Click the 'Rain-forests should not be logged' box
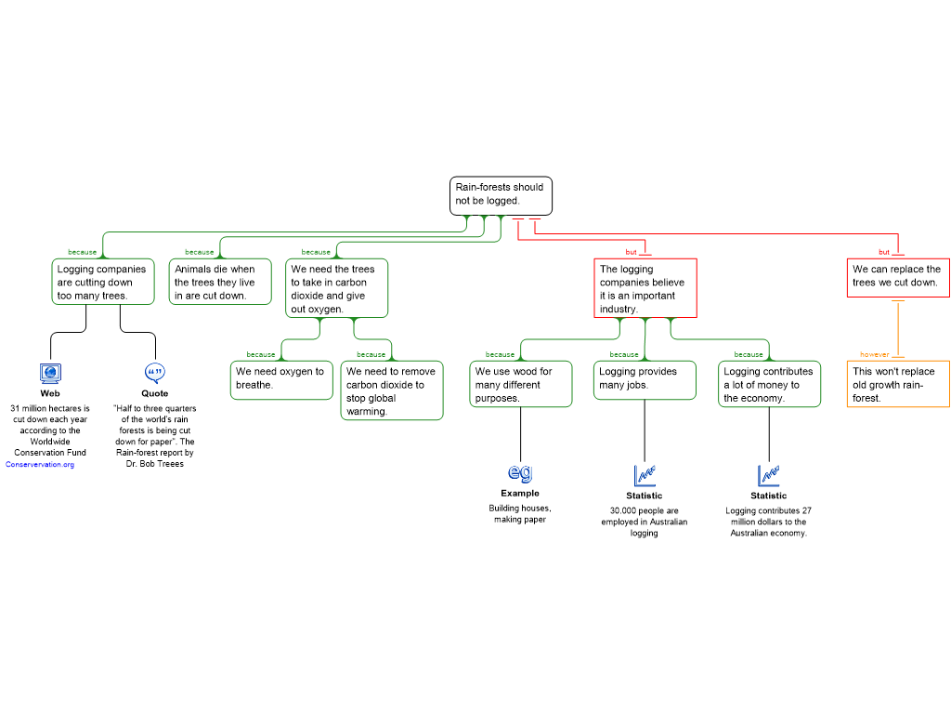coord(501,195)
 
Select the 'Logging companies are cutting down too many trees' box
coord(102,282)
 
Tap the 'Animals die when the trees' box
coord(220,282)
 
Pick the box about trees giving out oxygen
coord(336,288)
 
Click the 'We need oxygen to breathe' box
coord(281,380)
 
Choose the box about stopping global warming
coord(391,390)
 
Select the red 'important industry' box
coord(645,288)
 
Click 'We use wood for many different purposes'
coord(520,384)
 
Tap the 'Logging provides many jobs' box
coord(645,380)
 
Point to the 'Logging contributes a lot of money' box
coord(769,384)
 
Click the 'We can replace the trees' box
coord(897,277)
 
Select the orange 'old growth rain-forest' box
coord(897,384)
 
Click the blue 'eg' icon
coord(521,472)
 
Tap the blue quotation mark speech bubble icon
coord(155,373)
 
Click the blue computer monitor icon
coord(51,374)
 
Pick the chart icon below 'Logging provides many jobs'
coord(645,475)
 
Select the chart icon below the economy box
coord(769,475)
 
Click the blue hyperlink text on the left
coord(40,465)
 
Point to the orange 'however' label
coord(874,354)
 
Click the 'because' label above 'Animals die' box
coord(199,252)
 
